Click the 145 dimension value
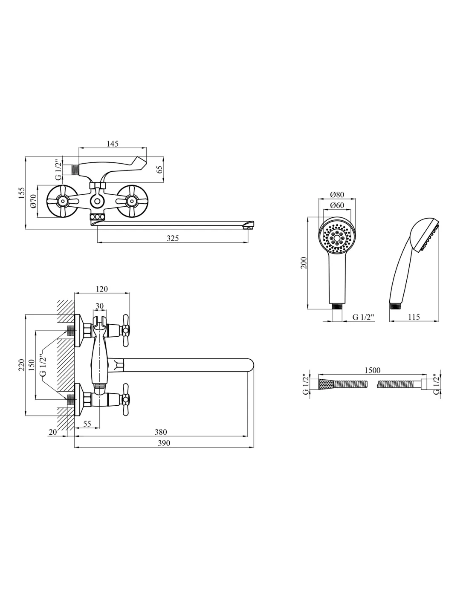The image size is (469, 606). tap(113, 144)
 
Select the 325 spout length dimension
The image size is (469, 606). tap(173, 238)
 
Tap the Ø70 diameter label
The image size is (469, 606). tap(33, 202)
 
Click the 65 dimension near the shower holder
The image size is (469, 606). tap(160, 169)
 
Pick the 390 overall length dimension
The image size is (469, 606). tap(164, 443)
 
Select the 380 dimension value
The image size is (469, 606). tap(161, 432)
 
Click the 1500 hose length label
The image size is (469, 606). tap(372, 371)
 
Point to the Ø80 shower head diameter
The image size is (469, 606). tap(337, 195)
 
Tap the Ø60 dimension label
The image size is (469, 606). tap(337, 206)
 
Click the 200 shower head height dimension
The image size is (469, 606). tap(303, 263)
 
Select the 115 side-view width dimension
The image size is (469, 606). tap(414, 317)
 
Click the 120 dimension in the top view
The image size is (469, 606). tap(102, 289)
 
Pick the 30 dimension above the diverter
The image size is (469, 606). tap(99, 306)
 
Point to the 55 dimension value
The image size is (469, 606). tap(87, 424)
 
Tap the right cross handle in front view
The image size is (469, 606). tap(132, 201)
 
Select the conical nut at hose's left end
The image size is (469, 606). tap(324, 384)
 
